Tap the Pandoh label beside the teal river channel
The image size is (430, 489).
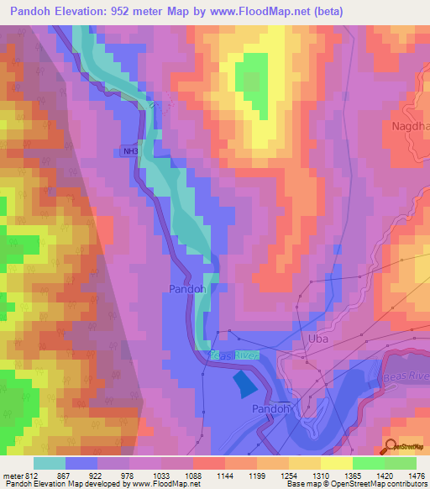187,288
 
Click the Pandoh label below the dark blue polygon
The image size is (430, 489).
270,407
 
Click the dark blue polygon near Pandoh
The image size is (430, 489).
243,383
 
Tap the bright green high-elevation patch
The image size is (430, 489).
252,76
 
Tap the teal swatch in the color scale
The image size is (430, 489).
49,463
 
